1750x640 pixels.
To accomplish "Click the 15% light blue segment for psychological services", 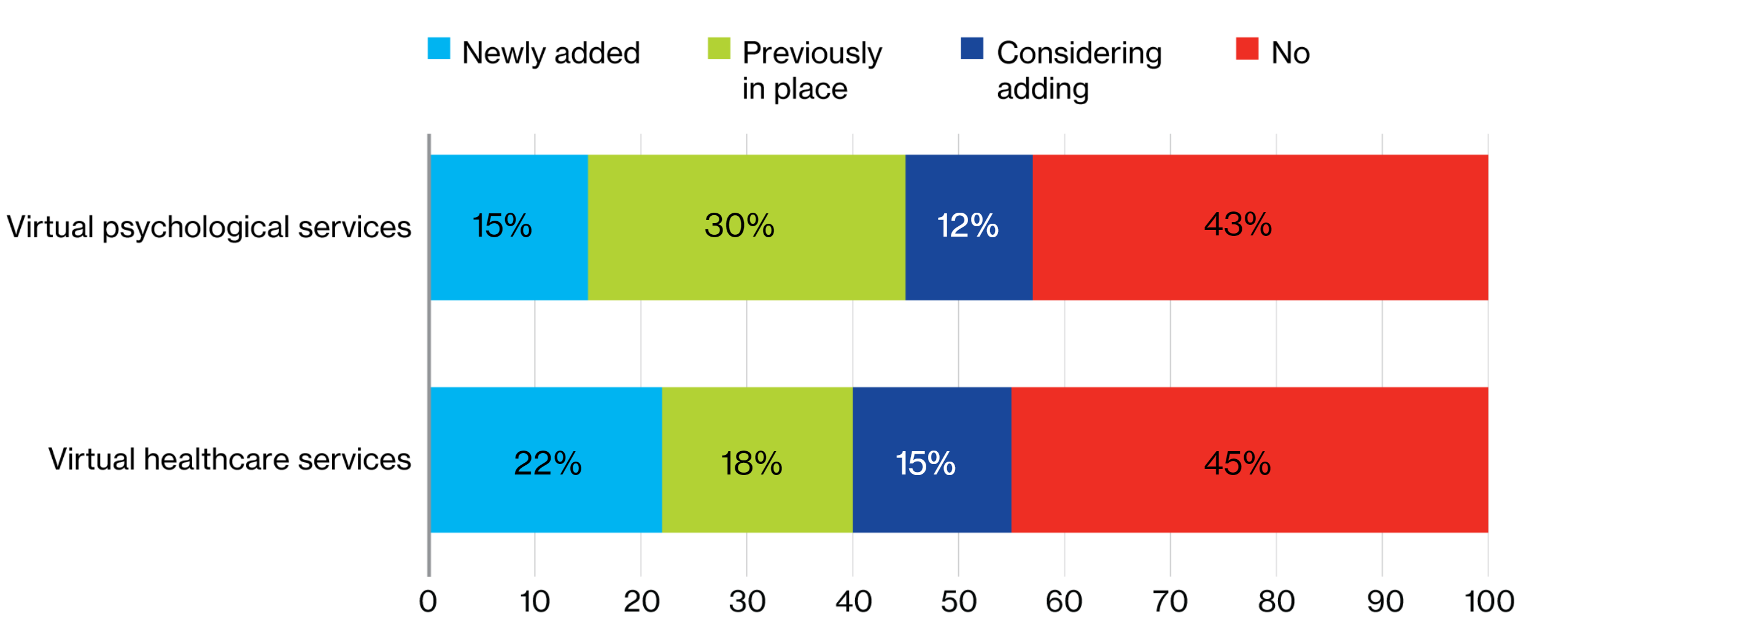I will [x=508, y=227].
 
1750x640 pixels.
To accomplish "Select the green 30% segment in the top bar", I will [x=746, y=227].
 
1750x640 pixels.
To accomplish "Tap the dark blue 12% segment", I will [x=969, y=227].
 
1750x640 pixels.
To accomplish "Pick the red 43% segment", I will [x=1260, y=227].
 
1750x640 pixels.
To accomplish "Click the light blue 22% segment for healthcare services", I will [x=546, y=460].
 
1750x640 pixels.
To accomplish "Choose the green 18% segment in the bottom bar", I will [x=757, y=460].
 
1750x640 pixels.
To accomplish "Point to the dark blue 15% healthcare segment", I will [x=931, y=460].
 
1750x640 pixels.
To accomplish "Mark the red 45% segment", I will [x=1249, y=460].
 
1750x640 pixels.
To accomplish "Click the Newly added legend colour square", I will [x=439, y=49].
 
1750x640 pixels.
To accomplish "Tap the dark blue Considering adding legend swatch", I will [x=972, y=49].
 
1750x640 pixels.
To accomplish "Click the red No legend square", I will [x=1247, y=49].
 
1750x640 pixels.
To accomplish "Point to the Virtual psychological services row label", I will [x=209, y=227].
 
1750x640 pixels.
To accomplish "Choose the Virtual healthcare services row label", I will [x=229, y=460].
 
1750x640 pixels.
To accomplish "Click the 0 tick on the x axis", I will [x=428, y=601].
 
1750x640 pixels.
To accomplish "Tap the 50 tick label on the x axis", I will [x=958, y=601].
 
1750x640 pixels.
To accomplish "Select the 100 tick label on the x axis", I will [x=1489, y=601].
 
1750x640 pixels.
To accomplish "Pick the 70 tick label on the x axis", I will [x=1170, y=601].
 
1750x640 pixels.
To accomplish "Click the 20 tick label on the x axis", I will [x=641, y=601].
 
